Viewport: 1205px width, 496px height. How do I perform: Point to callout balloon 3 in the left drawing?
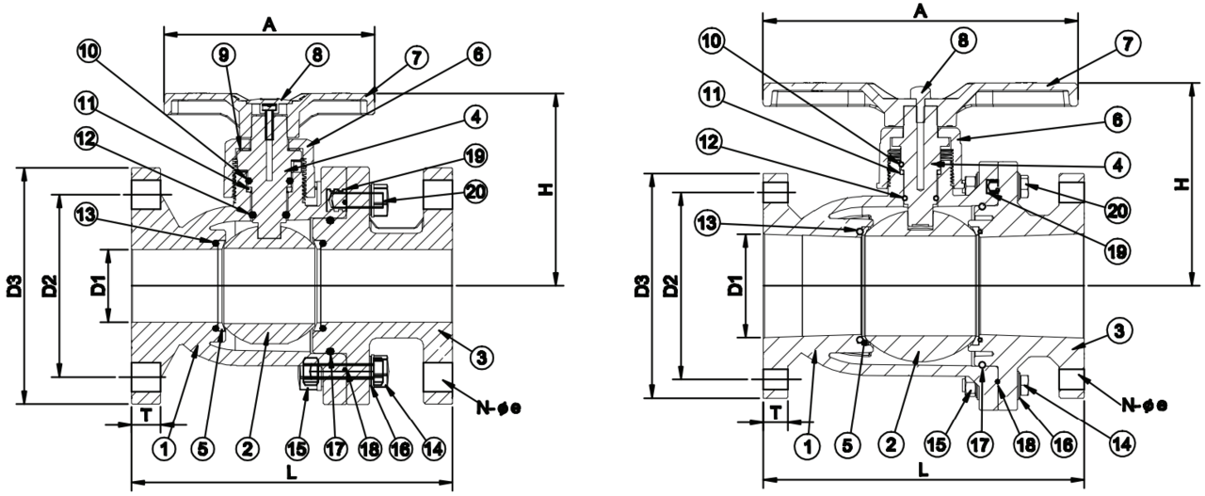481,357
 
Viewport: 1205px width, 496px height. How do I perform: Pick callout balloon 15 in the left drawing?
297,448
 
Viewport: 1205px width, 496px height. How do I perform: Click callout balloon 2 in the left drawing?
247,448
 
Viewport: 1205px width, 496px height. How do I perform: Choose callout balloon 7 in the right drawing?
1127,43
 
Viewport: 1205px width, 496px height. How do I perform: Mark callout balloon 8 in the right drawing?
963,40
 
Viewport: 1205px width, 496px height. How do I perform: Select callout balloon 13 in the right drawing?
707,222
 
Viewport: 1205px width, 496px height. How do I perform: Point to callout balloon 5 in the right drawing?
847,445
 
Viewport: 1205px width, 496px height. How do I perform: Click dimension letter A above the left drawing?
269,24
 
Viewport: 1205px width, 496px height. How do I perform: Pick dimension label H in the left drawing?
545,189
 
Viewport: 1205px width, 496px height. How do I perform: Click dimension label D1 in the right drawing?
735,286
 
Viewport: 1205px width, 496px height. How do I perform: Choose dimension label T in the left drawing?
146,414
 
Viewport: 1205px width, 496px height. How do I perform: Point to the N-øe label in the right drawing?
1144,405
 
